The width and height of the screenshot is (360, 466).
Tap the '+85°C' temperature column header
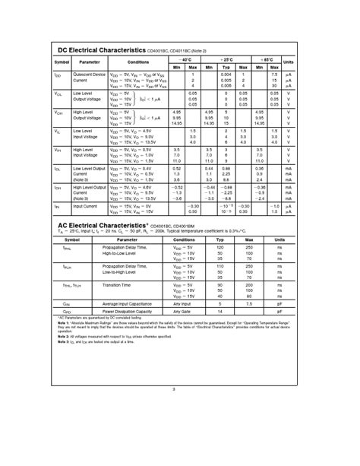click(x=267, y=58)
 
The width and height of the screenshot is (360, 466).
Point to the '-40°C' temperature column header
click(x=185, y=58)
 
